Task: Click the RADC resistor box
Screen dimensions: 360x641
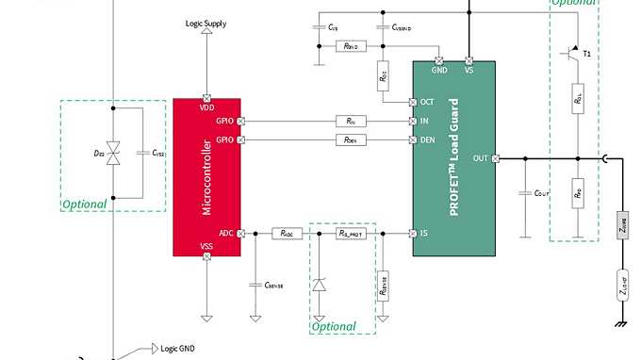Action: coord(286,233)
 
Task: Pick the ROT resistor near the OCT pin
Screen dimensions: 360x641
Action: coord(383,75)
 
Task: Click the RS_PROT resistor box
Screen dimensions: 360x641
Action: coord(351,233)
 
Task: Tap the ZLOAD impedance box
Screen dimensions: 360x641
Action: coord(622,283)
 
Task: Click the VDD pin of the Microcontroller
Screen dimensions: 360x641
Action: coord(206,96)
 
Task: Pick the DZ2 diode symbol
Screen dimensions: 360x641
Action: coord(113,152)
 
